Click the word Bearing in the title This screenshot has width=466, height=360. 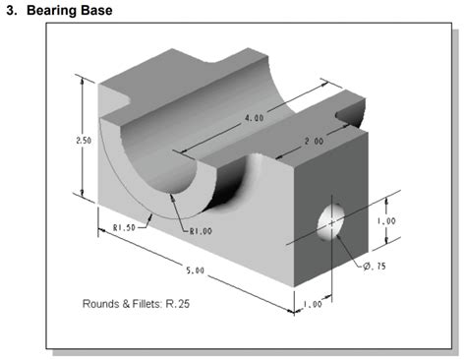[52, 11]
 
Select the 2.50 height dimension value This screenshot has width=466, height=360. [84, 140]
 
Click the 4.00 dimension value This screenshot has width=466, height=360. [253, 118]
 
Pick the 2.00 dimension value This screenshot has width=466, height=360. [313, 142]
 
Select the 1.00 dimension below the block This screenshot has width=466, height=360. [311, 304]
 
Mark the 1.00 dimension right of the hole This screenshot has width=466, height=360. [386, 221]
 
